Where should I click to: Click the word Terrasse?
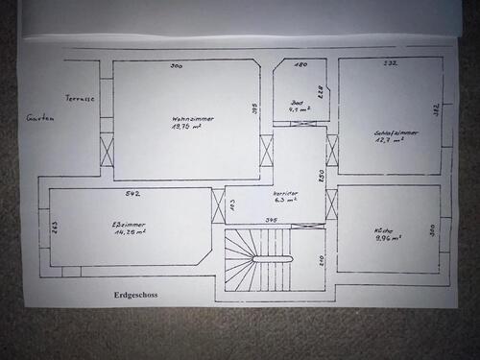[x=80, y=99]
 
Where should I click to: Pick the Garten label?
[x=40, y=117]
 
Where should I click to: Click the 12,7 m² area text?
[x=388, y=140]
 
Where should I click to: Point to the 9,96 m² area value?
[x=387, y=239]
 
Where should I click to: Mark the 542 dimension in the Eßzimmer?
[x=133, y=194]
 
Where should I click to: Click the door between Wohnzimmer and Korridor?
[x=267, y=151]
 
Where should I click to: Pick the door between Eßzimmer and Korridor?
[x=218, y=204]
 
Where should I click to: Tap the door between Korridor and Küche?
[x=332, y=204]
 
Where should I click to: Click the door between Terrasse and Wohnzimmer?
[x=107, y=151]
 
